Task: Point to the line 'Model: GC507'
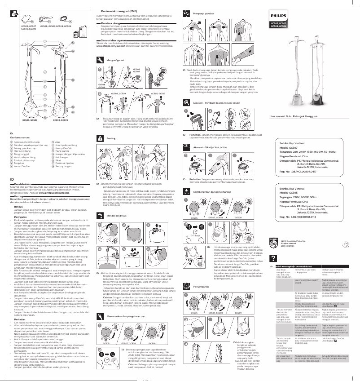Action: coord(289,147)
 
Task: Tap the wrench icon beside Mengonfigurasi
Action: coord(100,59)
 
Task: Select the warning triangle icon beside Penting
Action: coord(100,139)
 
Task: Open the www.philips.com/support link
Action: coord(111,46)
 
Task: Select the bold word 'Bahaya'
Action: coord(18,206)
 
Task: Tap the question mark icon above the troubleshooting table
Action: coord(272,258)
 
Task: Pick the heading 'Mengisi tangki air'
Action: coord(118,215)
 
